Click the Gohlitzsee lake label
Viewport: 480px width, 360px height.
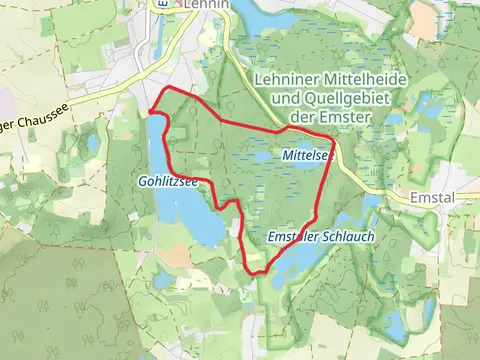169,182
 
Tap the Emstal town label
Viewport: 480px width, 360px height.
432,198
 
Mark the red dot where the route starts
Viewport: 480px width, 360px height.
150,111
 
